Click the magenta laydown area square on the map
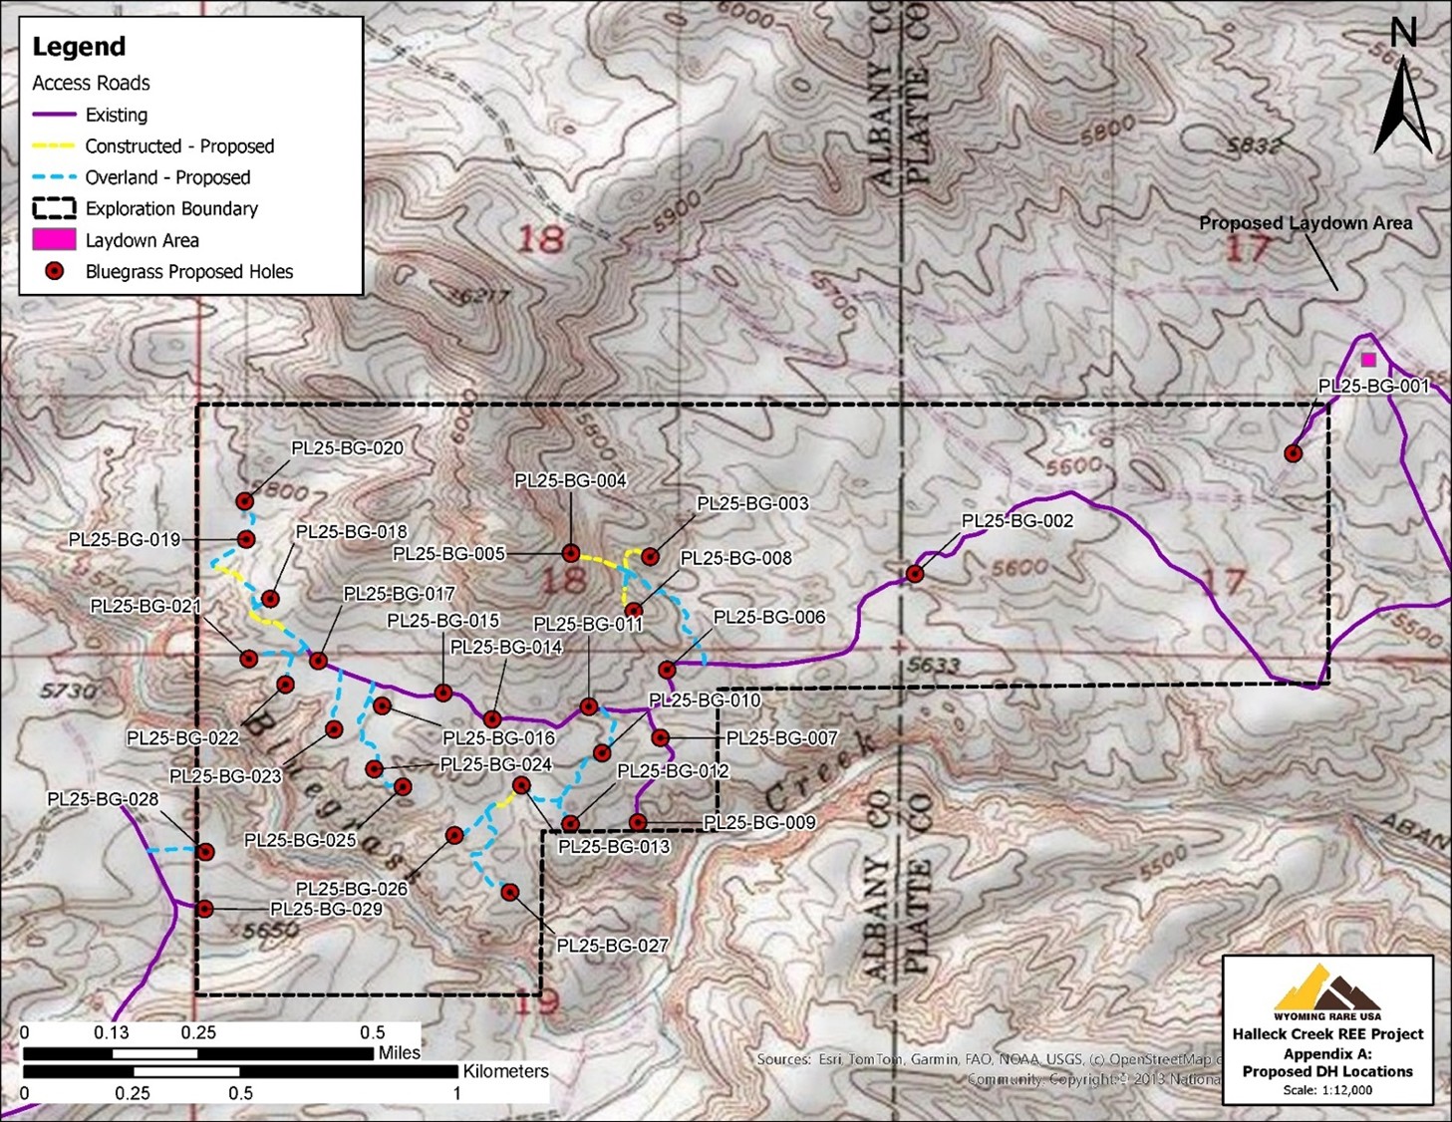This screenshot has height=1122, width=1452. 1368,360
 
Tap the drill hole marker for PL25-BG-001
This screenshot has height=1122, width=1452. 1293,453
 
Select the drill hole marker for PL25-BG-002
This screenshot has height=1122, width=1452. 914,574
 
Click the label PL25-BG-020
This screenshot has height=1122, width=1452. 347,448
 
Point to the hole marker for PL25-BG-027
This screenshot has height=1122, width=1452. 509,892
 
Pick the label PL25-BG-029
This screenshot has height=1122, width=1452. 326,909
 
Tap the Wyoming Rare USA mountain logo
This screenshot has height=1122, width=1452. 1326,988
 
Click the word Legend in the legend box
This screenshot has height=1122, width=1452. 79,47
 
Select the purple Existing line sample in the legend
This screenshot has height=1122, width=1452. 54,115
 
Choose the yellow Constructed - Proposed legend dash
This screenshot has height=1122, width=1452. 54,146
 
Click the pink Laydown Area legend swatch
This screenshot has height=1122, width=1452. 54,240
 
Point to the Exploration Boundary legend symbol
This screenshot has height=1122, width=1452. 54,208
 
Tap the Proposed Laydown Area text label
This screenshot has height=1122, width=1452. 1305,223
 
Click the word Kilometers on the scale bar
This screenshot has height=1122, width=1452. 505,1071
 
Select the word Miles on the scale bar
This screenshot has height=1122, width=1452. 399,1052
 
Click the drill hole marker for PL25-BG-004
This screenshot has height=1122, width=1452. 570,553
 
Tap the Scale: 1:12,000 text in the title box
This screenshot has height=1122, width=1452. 1327,1090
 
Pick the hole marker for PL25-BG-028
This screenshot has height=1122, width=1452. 205,852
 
